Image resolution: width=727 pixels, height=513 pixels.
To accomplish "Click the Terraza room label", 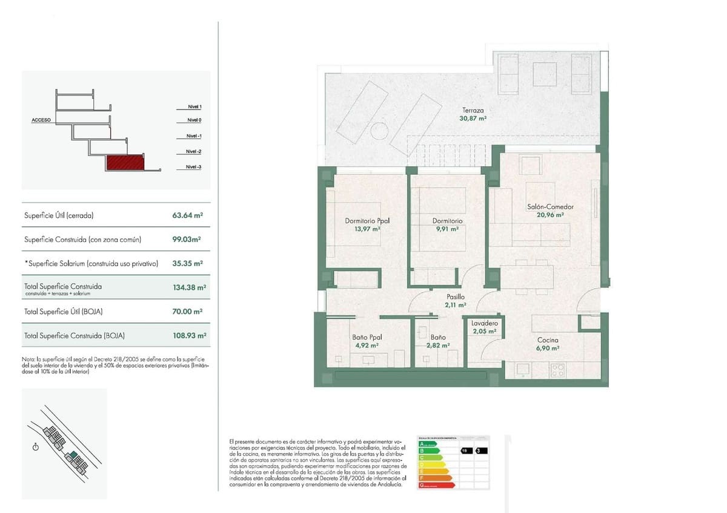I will (x=473, y=110).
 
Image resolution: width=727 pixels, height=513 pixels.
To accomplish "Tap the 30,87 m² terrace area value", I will (x=473, y=119).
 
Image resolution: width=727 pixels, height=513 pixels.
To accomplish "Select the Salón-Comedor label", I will (x=550, y=206).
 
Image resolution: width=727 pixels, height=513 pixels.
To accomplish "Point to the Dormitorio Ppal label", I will (x=367, y=221).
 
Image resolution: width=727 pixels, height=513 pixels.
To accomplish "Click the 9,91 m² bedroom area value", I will (x=447, y=229).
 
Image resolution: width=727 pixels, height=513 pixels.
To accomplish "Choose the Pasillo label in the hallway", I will (x=456, y=297).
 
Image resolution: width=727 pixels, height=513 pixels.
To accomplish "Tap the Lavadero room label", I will (x=484, y=324).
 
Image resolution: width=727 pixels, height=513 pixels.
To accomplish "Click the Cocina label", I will (x=548, y=340).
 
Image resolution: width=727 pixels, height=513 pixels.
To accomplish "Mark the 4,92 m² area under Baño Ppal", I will (x=367, y=345).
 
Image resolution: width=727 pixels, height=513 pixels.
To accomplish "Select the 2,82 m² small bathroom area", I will (x=438, y=345).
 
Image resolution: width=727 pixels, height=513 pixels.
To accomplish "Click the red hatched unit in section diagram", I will (x=125, y=162).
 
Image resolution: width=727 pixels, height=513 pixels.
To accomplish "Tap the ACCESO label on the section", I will (x=41, y=120).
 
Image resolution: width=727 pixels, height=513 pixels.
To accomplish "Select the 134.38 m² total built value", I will (x=190, y=288).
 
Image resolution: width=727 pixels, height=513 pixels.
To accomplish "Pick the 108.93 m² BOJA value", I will (x=190, y=335).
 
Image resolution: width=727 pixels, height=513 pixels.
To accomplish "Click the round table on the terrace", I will (x=379, y=131).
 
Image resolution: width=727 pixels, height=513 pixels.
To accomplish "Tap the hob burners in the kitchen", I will (x=557, y=369).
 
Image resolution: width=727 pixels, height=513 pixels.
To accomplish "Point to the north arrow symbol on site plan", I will (x=36, y=447).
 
